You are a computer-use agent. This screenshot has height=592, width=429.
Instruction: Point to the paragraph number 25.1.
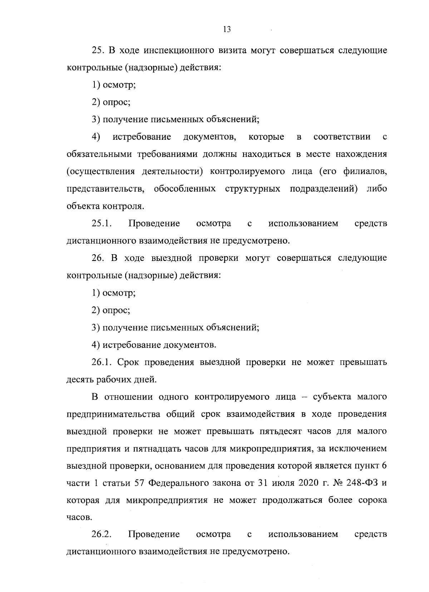tap(102, 224)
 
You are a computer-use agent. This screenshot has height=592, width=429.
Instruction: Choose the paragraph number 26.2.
tap(102, 534)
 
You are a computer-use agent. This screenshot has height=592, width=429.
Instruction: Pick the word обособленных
tap(185, 189)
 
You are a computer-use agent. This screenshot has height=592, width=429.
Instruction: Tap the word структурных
tap(253, 189)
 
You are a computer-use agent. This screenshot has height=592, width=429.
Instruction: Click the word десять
tap(80, 380)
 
